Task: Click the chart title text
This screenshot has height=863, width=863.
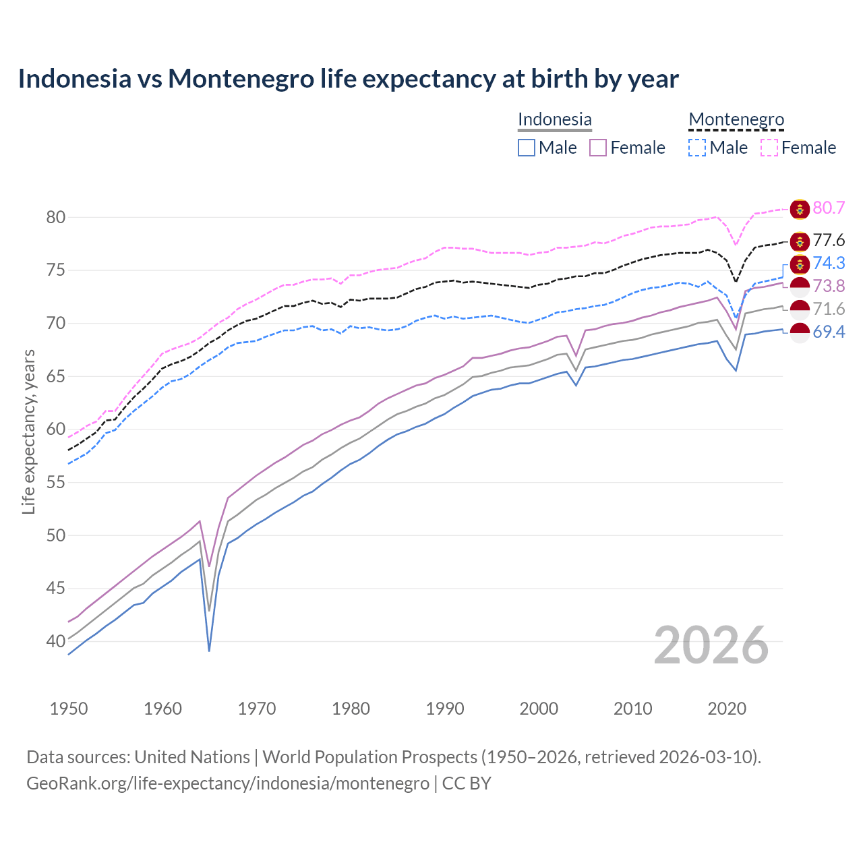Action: [x=348, y=79]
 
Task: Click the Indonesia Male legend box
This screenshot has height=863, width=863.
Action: [x=527, y=148]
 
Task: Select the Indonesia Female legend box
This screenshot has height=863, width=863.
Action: [x=598, y=148]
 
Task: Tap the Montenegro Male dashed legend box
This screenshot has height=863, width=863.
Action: [x=697, y=148]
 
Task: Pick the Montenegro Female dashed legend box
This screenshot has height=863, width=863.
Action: [x=769, y=148]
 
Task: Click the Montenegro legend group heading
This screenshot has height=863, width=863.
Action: [x=736, y=120]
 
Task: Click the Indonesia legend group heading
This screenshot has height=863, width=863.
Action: [x=554, y=120]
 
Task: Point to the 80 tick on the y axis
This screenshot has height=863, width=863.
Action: [x=55, y=217]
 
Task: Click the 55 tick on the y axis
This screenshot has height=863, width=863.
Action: [x=55, y=482]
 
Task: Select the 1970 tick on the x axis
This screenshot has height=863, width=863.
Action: [x=257, y=709]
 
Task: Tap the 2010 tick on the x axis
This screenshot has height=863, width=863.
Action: [x=632, y=709]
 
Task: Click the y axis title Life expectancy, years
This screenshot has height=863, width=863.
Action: [x=29, y=431]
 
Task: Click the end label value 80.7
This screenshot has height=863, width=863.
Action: [x=829, y=208]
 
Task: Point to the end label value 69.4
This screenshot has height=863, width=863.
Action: [x=829, y=332]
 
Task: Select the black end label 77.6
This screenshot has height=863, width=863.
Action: [x=829, y=241]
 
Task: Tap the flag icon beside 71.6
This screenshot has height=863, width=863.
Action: [x=800, y=309]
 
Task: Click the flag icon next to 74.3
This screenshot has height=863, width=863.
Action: [x=800, y=264]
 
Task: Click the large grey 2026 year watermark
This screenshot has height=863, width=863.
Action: [x=711, y=645]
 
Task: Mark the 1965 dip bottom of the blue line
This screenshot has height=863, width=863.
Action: [x=209, y=650]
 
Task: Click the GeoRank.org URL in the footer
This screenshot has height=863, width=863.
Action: [x=228, y=783]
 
